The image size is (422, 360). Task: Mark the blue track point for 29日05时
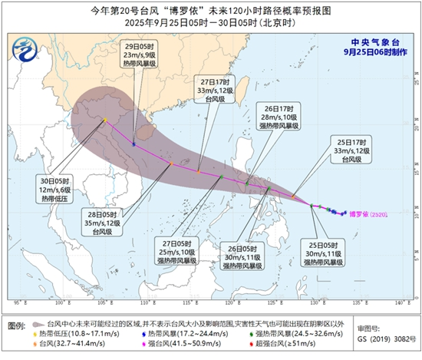pos(134,144)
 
